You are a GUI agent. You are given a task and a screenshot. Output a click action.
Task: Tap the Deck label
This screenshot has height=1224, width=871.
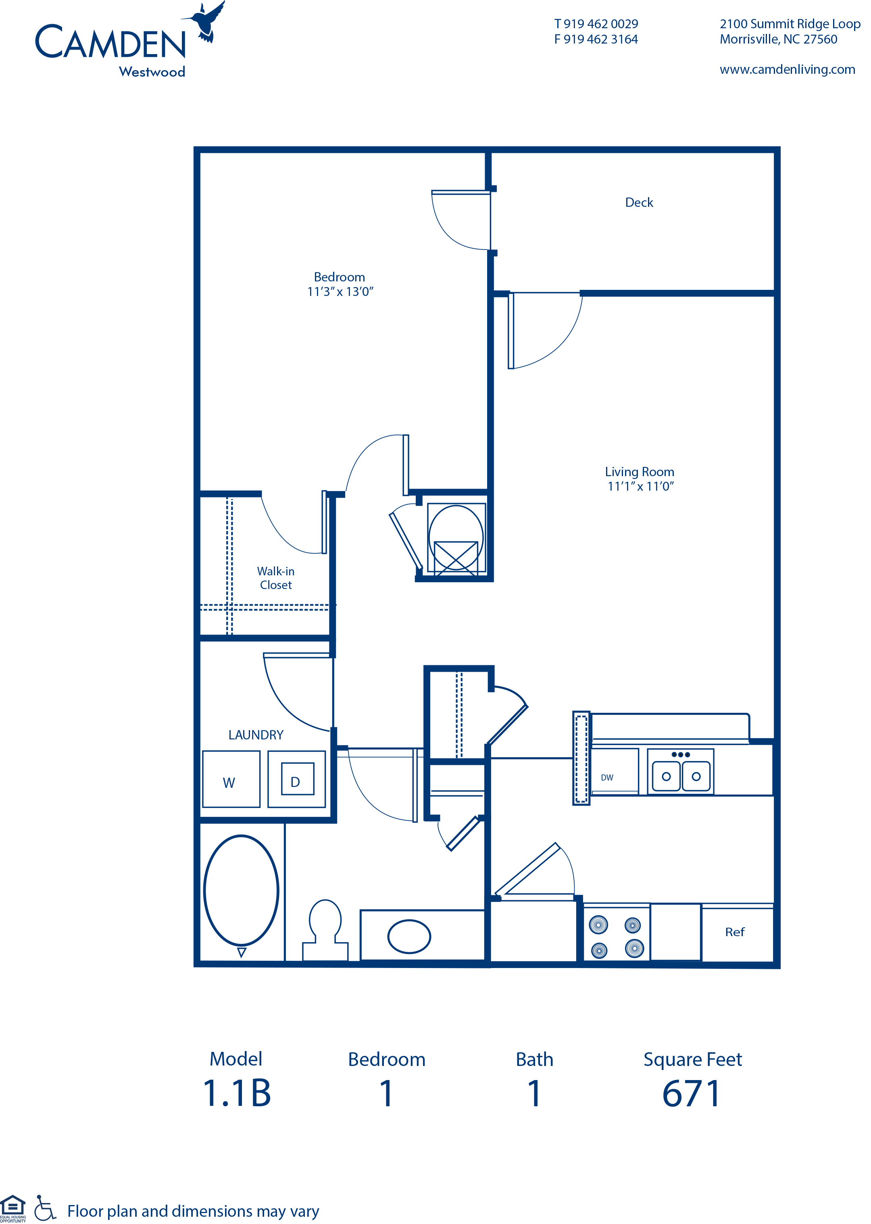[639, 203]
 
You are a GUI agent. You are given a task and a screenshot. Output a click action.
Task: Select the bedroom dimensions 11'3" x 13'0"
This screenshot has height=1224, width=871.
[340, 291]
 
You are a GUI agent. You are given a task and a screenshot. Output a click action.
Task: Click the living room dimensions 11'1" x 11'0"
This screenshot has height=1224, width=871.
[640, 486]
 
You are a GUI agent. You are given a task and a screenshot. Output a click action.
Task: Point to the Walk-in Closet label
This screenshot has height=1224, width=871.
[276, 578]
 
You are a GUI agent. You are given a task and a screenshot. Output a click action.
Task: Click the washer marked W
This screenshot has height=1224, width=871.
[231, 779]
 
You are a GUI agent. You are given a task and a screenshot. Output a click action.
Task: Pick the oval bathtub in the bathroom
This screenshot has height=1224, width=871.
[242, 891]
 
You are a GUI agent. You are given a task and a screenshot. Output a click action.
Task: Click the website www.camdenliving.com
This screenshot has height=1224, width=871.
[787, 70]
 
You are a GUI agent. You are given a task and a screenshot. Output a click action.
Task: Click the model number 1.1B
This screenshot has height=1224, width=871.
[237, 1094]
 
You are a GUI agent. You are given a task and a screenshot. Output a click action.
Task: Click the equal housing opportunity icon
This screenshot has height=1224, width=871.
[13, 1206]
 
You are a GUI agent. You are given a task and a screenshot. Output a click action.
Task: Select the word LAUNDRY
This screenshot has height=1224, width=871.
[256, 735]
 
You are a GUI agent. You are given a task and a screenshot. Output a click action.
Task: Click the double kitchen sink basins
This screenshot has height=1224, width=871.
[681, 776]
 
